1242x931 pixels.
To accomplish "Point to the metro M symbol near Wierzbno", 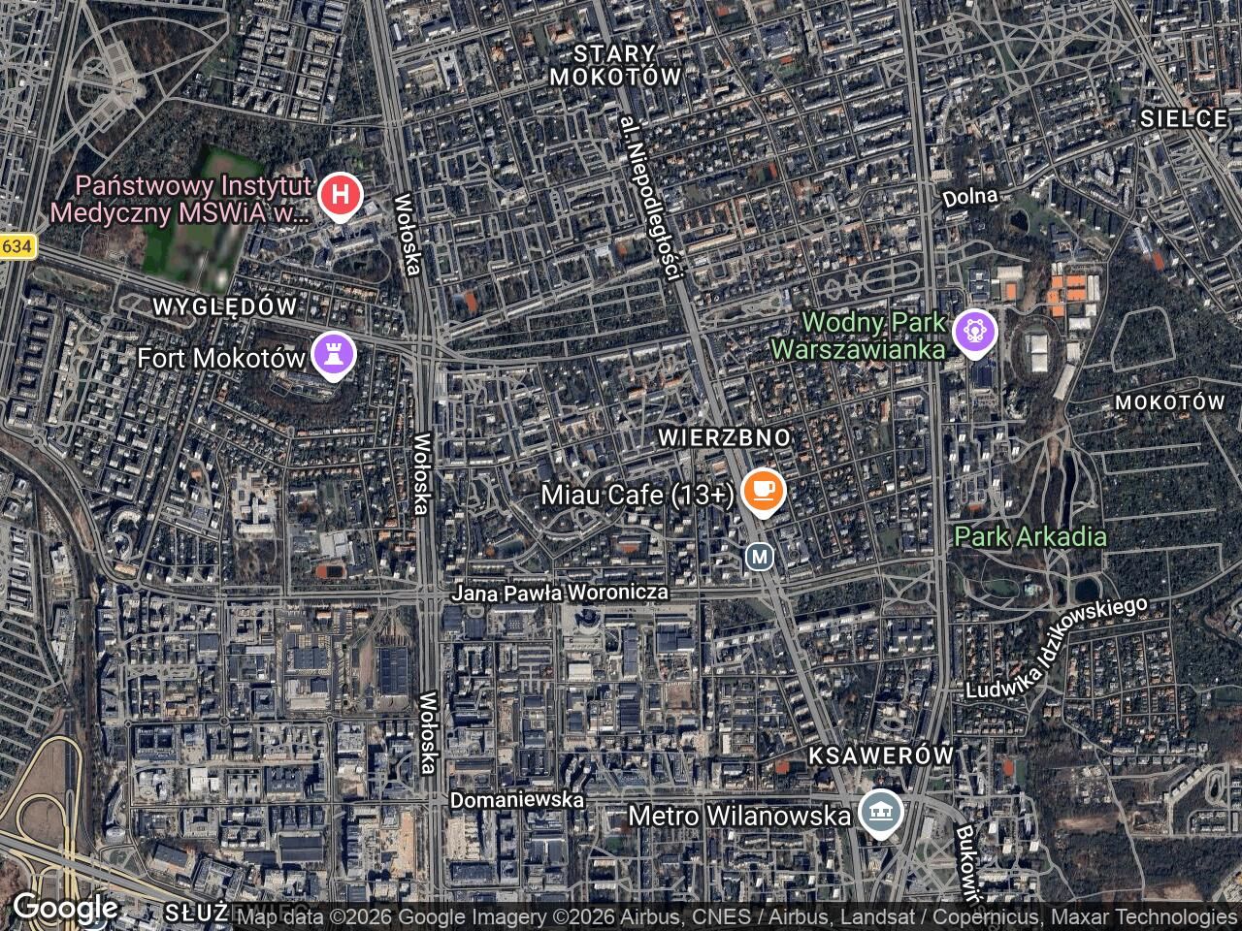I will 760,557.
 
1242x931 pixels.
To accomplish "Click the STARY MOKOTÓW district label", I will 614,65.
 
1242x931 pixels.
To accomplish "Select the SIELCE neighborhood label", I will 1184,119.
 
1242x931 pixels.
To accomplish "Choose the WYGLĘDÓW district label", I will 225,306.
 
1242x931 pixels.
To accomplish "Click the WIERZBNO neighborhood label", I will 724,437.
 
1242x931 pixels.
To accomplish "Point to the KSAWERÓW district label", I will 881,755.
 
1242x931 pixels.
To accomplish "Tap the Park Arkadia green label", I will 1030,536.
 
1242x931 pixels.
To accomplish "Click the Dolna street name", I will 970,196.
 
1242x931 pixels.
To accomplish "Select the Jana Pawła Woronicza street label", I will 561,592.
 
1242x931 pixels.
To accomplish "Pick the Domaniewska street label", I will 517,800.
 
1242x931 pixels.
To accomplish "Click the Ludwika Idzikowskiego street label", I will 1056,647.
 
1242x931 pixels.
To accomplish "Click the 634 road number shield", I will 16,247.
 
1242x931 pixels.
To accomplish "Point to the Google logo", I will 65,908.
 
